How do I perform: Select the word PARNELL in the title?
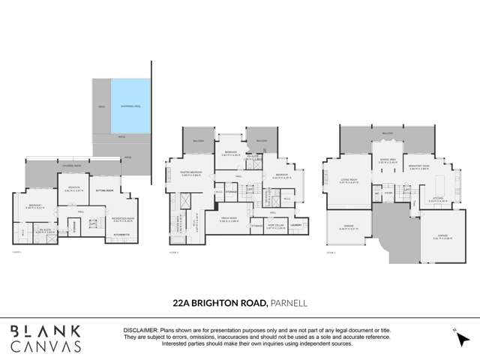coord(290,303)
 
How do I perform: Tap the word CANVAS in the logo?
coord(46,346)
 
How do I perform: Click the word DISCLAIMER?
coord(139,330)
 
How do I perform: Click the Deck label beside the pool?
coord(101,107)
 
